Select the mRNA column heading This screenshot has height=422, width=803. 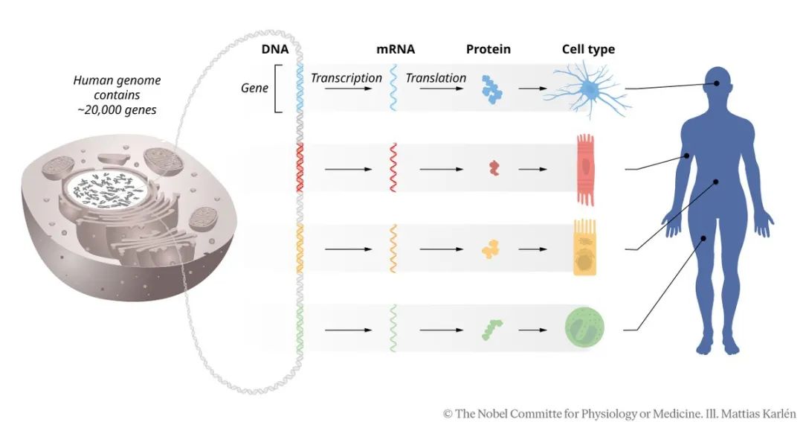(395, 51)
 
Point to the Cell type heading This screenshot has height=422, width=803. (587, 51)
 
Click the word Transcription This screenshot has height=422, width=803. (346, 78)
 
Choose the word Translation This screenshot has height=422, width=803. (436, 78)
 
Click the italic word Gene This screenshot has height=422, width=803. (254, 88)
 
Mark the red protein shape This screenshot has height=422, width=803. (493, 168)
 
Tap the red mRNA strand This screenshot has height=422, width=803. (393, 168)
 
